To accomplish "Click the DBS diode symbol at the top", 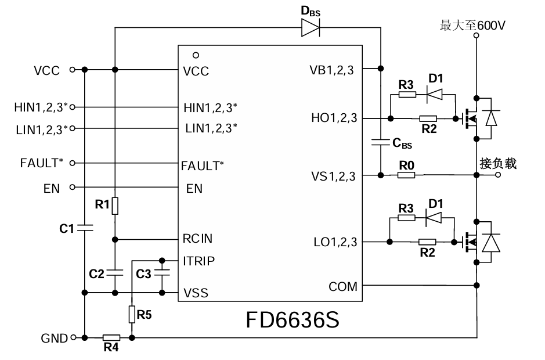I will pos(310,28).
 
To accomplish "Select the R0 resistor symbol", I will pos(406,175).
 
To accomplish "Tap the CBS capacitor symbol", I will pos(380,141).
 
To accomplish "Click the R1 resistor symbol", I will pos(115,206).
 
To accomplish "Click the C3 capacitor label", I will pos(143,273).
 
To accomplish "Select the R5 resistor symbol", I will pos(132,314).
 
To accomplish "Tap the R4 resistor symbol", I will pos(111,337).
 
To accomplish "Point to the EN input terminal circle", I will pos(73,187).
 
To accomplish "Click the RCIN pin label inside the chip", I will pos(198,239).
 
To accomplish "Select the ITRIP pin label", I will pos(198,261).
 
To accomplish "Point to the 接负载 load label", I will pos(498,164).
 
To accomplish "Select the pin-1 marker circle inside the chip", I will pos(196,55).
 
